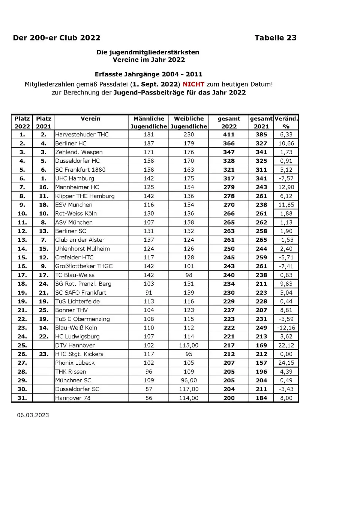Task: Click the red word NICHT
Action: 193,84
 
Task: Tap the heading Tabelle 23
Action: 275,38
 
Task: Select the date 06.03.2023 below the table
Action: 33,415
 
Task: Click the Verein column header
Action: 90,119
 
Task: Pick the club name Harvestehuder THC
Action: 82,135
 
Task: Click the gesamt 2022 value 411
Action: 229,135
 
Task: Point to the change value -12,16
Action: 286,328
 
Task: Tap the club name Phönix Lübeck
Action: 75,363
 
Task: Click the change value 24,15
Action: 286,363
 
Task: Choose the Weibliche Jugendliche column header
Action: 189,123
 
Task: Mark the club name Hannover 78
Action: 73,398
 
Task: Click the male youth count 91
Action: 149,293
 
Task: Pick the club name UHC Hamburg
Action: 75,178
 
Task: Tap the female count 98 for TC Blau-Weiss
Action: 189,275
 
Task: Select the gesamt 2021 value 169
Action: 261,345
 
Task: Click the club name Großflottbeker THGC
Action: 84,266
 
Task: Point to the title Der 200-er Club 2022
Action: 57,38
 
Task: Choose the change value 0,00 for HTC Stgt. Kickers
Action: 286,354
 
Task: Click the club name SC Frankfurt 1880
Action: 80,170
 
